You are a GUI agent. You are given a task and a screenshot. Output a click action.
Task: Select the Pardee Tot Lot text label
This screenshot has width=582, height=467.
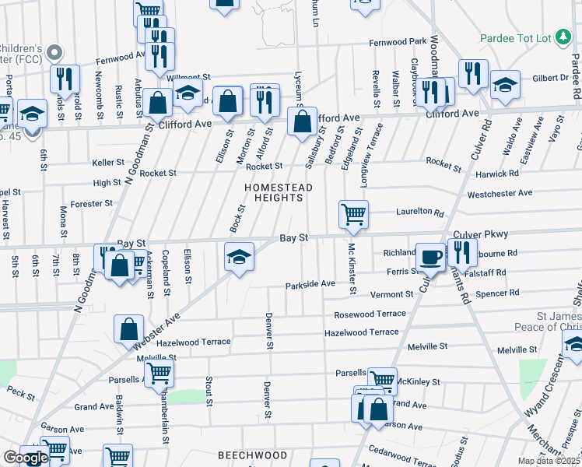(x=515, y=38)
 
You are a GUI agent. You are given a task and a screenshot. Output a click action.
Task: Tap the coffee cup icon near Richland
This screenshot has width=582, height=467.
(x=429, y=256)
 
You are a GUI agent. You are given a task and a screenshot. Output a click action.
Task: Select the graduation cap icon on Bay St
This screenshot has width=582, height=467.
(x=238, y=256)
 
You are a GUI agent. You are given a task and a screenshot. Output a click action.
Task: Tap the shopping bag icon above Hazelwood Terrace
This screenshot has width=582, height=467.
(x=128, y=328)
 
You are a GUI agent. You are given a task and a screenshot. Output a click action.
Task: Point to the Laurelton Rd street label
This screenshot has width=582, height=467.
(x=419, y=212)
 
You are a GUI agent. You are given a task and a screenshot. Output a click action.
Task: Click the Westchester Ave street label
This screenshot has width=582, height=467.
(x=500, y=192)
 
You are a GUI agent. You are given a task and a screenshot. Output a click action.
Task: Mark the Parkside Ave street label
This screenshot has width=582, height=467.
(x=310, y=284)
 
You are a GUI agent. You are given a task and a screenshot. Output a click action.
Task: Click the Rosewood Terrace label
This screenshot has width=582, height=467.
(x=370, y=314)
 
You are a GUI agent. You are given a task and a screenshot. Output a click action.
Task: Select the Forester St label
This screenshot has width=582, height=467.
(x=92, y=203)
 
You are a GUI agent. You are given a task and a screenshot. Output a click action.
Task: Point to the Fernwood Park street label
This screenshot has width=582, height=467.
(x=398, y=41)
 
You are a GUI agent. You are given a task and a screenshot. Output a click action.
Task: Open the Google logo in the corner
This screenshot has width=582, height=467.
(x=26, y=458)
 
